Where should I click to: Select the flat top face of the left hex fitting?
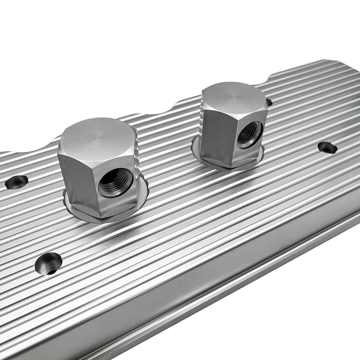click(98, 135)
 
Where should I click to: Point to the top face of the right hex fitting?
click(233, 97)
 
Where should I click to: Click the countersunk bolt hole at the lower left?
click(49, 263)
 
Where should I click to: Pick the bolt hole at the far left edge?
click(16, 182)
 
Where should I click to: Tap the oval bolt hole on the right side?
click(327, 148)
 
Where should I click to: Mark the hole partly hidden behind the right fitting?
click(268, 102)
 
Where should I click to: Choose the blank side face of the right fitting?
click(212, 134)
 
